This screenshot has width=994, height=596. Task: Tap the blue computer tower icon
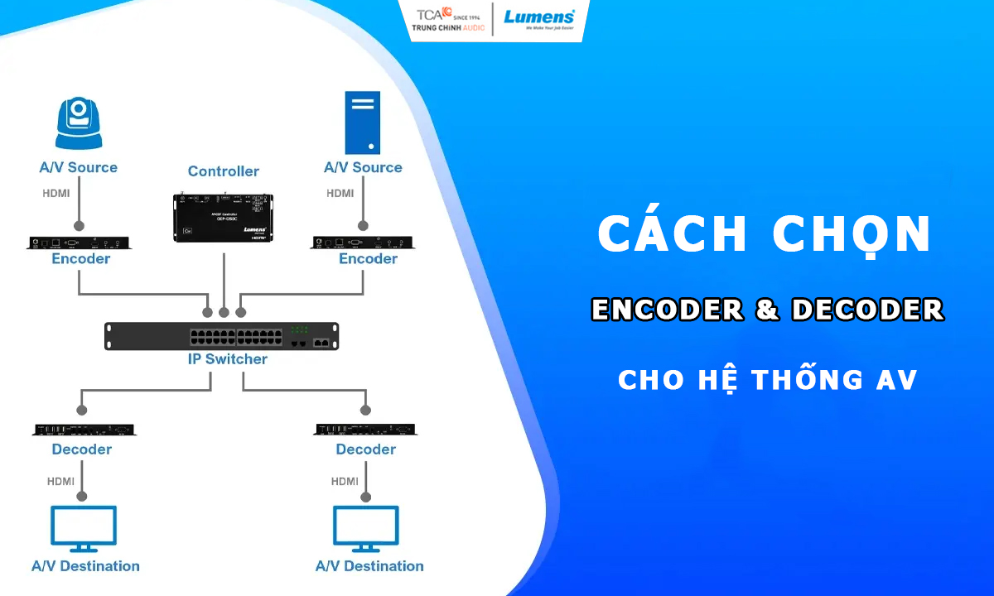click(x=363, y=123)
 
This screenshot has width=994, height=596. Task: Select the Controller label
click(x=224, y=171)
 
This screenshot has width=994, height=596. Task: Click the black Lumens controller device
click(x=223, y=218)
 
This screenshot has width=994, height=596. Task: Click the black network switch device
click(x=222, y=336)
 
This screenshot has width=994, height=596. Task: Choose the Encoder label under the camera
click(x=80, y=259)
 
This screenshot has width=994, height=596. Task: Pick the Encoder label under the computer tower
click(x=368, y=259)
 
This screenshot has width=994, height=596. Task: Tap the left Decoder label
click(x=81, y=449)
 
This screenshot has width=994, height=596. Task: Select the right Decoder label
click(x=365, y=449)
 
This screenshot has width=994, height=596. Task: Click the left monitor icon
click(x=84, y=528)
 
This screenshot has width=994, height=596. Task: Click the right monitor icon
click(x=365, y=528)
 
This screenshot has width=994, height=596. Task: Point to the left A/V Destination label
click(x=85, y=566)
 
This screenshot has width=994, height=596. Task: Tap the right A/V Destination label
click(x=369, y=566)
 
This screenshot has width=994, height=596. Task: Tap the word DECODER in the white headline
click(x=868, y=310)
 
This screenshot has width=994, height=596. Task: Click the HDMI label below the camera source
click(x=56, y=194)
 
